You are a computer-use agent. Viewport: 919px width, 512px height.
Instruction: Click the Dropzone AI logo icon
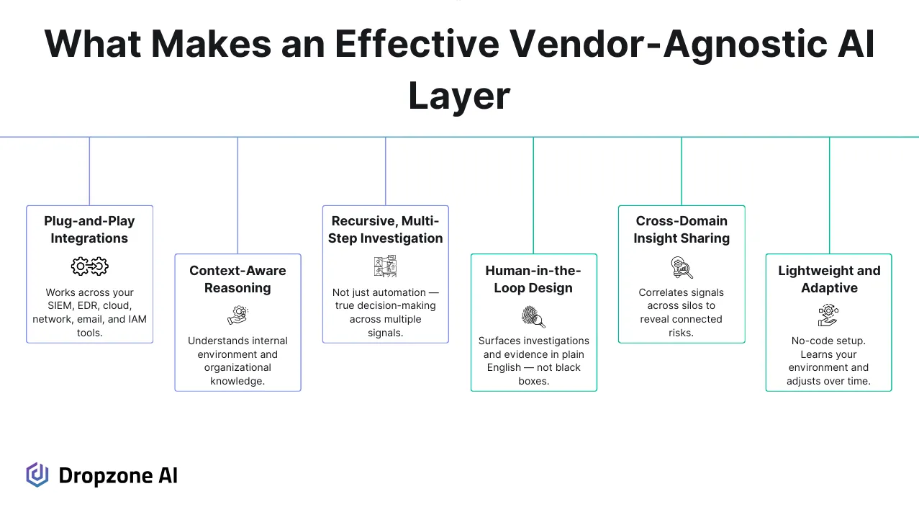(37, 475)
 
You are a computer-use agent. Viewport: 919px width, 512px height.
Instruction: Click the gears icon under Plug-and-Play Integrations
(89, 266)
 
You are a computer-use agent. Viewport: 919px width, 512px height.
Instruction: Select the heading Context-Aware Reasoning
(237, 279)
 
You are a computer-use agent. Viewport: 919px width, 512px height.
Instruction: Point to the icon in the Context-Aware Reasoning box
(237, 315)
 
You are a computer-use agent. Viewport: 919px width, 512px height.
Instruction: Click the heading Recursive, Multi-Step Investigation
(385, 230)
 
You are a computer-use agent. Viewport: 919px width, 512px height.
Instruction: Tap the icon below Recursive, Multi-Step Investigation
(385, 266)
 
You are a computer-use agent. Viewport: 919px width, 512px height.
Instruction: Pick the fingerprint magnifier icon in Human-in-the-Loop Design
(533, 316)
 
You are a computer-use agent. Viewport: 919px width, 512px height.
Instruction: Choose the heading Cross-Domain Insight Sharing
(682, 230)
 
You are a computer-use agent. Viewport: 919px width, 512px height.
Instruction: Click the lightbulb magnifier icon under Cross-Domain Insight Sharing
(682, 267)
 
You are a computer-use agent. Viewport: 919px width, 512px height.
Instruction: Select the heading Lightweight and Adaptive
(829, 279)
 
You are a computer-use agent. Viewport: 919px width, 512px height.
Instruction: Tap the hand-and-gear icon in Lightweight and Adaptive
(828, 315)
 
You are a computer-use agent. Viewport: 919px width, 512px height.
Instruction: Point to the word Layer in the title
(459, 96)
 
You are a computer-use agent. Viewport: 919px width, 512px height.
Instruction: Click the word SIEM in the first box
(60, 306)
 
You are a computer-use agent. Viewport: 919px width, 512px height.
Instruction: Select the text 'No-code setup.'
(828, 341)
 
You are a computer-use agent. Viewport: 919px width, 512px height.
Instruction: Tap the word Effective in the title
(416, 45)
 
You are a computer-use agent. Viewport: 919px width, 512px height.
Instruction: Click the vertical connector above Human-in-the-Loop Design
(533, 194)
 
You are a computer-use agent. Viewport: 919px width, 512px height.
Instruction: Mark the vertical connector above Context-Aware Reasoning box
(237, 194)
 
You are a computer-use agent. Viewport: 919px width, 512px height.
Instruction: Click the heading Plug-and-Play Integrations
(89, 230)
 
